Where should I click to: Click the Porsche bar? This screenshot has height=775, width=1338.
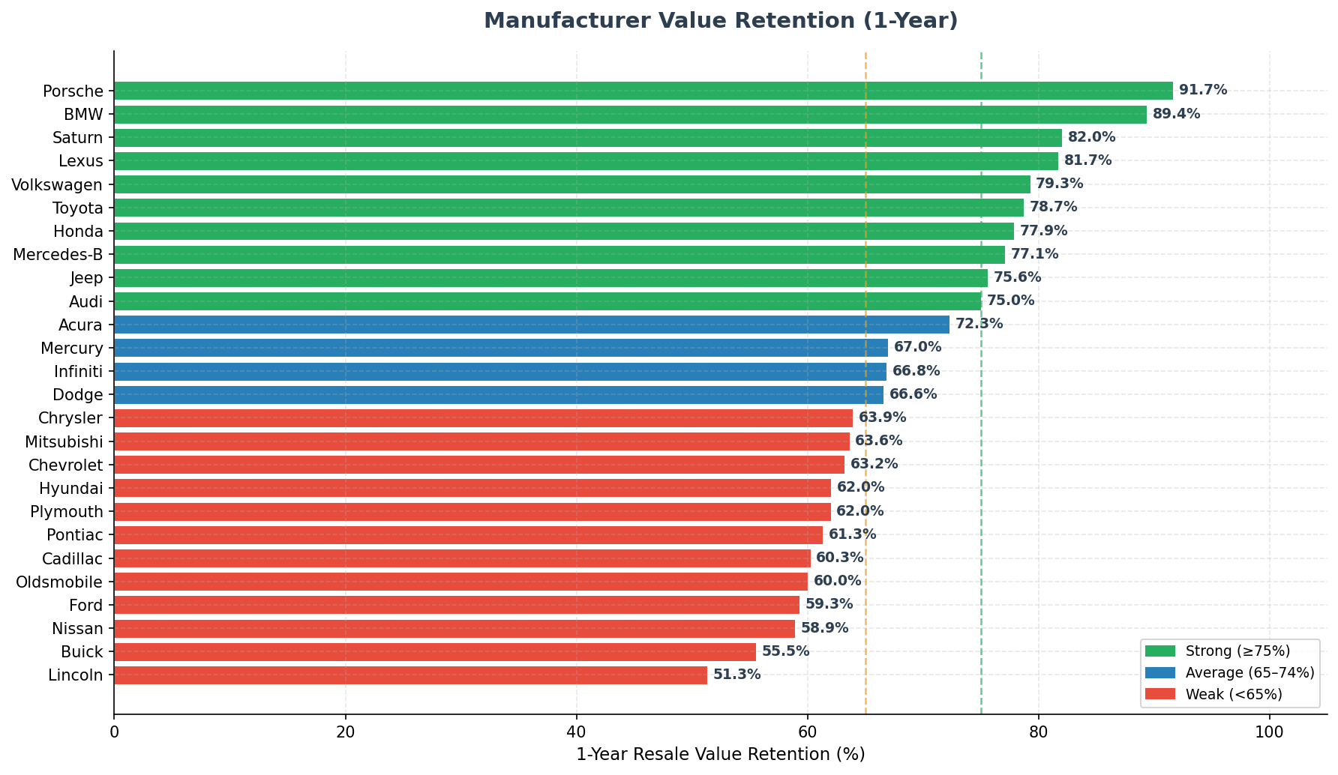click(643, 91)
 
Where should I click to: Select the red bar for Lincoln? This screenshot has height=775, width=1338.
click(410, 675)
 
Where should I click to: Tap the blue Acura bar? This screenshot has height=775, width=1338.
click(531, 325)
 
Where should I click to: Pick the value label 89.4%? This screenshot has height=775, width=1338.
click(1176, 114)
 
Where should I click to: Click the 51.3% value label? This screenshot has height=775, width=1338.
click(736, 675)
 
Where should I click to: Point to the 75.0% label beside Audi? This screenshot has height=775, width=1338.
click(1010, 301)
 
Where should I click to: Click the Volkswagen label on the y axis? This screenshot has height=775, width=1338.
click(57, 184)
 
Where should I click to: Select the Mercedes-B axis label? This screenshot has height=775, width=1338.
click(58, 255)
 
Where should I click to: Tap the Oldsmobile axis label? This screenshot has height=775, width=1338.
click(59, 582)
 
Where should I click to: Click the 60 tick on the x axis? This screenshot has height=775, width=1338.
click(808, 731)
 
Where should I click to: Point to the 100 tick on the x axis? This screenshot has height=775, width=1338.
click(1269, 731)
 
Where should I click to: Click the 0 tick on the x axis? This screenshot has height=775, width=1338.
click(115, 731)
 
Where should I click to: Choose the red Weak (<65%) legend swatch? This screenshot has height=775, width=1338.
click(1159, 695)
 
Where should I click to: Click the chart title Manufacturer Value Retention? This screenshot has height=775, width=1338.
click(720, 21)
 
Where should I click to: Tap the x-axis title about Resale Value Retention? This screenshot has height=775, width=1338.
click(720, 754)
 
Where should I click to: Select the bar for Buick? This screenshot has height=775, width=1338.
click(435, 652)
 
